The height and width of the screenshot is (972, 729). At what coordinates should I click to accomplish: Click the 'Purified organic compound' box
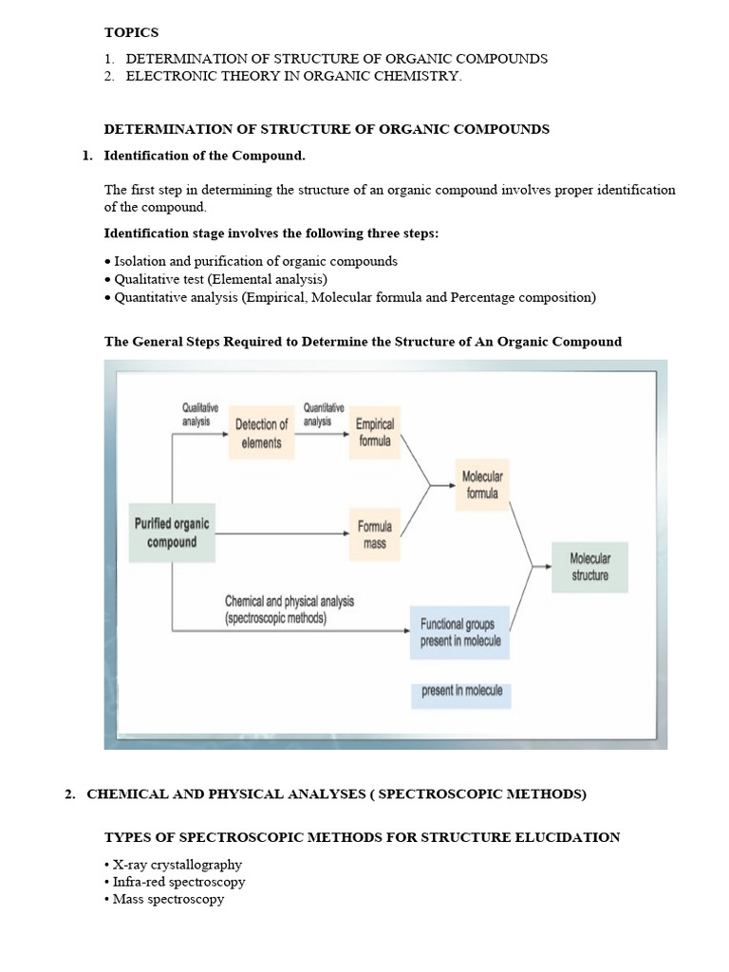172,533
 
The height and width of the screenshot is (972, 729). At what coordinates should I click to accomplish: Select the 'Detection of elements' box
261,434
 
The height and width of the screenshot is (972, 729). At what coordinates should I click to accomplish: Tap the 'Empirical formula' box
375,433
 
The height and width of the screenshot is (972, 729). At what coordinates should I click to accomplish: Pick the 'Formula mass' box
375,536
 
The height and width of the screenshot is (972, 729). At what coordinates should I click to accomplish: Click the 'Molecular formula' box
482,484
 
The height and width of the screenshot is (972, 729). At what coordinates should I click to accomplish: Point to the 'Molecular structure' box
589,567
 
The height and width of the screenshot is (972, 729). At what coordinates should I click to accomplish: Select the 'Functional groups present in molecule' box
460,633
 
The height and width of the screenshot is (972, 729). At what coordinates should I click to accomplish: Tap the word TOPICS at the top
131,32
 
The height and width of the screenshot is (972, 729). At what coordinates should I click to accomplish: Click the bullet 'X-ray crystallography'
177,865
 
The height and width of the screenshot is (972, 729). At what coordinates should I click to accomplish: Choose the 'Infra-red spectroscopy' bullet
178,882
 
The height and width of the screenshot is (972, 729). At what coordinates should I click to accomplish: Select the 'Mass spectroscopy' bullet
168,899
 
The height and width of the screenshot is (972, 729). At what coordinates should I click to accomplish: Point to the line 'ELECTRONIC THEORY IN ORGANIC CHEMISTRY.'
293,76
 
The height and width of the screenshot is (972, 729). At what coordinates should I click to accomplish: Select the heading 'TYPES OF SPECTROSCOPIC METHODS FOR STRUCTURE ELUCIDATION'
362,837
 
